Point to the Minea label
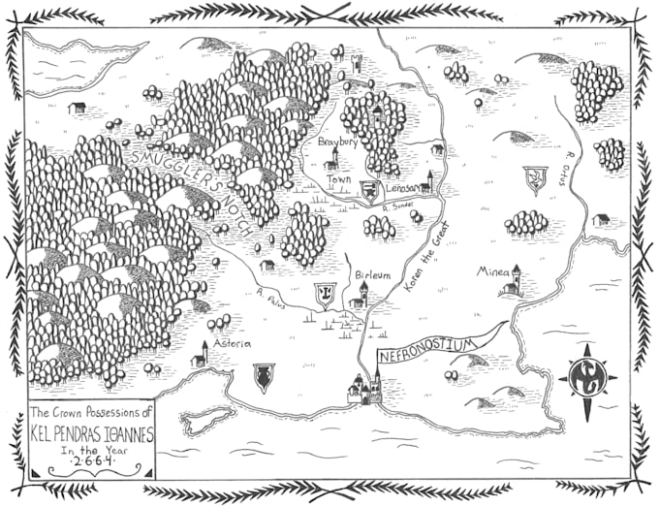(492, 272)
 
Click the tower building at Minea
(515, 281)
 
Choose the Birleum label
(372, 275)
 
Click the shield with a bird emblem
(532, 178)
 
